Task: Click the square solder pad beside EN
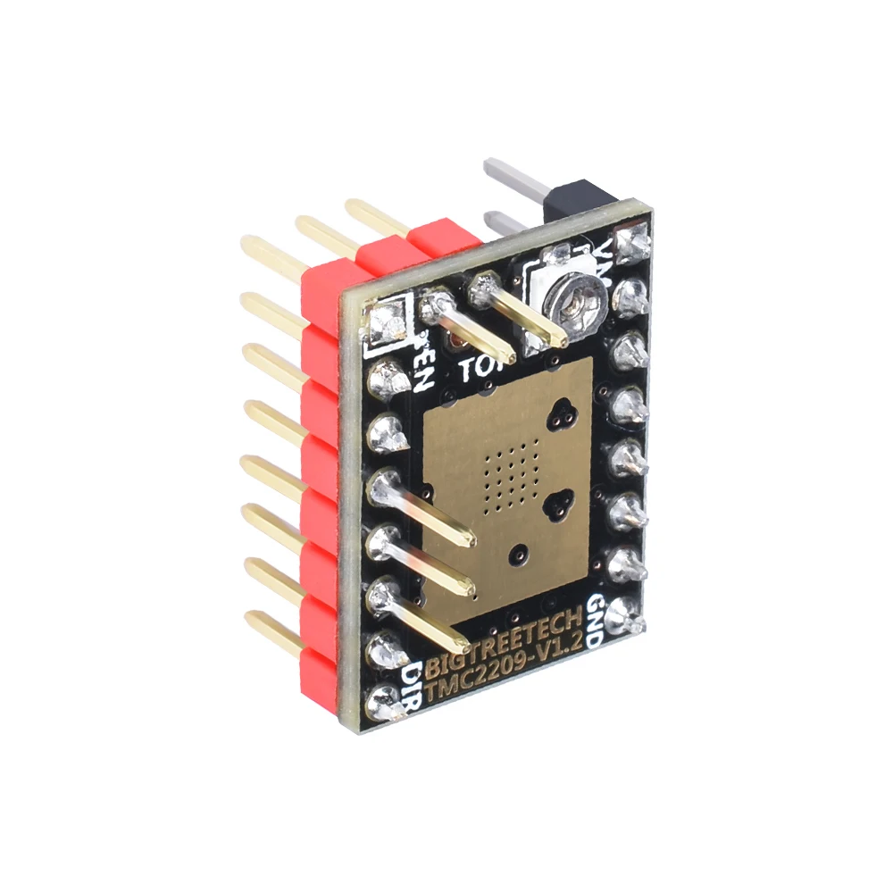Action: click(x=386, y=320)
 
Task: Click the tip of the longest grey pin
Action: click(x=489, y=166)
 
